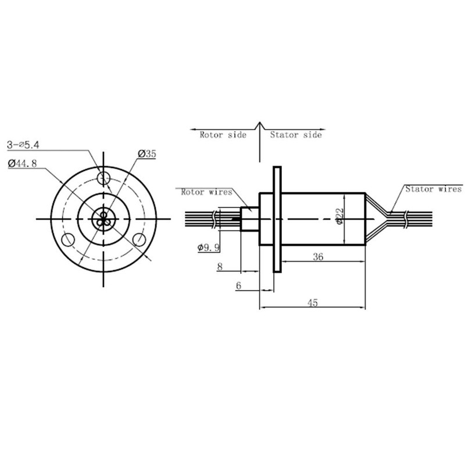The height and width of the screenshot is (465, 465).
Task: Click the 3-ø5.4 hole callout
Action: pos(23,145)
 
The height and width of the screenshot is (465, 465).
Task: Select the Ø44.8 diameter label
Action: pos(23,163)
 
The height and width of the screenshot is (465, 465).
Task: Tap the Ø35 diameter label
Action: pos(147,154)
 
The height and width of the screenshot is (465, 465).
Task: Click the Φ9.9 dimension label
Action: pos(209,248)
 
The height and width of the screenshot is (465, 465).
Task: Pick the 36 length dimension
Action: pos(318,256)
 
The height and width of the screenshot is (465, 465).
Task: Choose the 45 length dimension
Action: pos(313,303)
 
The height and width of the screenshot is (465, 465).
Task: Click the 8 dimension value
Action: pos(220,267)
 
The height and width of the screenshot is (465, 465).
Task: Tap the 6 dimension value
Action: pos(238,285)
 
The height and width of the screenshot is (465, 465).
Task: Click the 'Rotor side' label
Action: pos(223,135)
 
